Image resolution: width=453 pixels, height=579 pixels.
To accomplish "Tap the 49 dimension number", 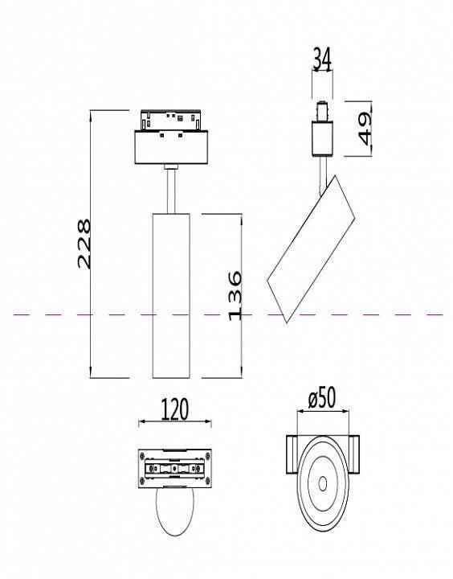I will coord(368,128).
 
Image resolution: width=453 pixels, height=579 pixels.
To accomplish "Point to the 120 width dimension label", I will coord(174,409).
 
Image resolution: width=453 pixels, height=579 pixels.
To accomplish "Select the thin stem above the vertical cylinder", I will coord(170,190).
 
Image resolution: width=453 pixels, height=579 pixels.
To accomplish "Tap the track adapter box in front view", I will coord(170,150).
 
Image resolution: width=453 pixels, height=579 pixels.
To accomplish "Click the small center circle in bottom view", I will coord(322,483).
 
